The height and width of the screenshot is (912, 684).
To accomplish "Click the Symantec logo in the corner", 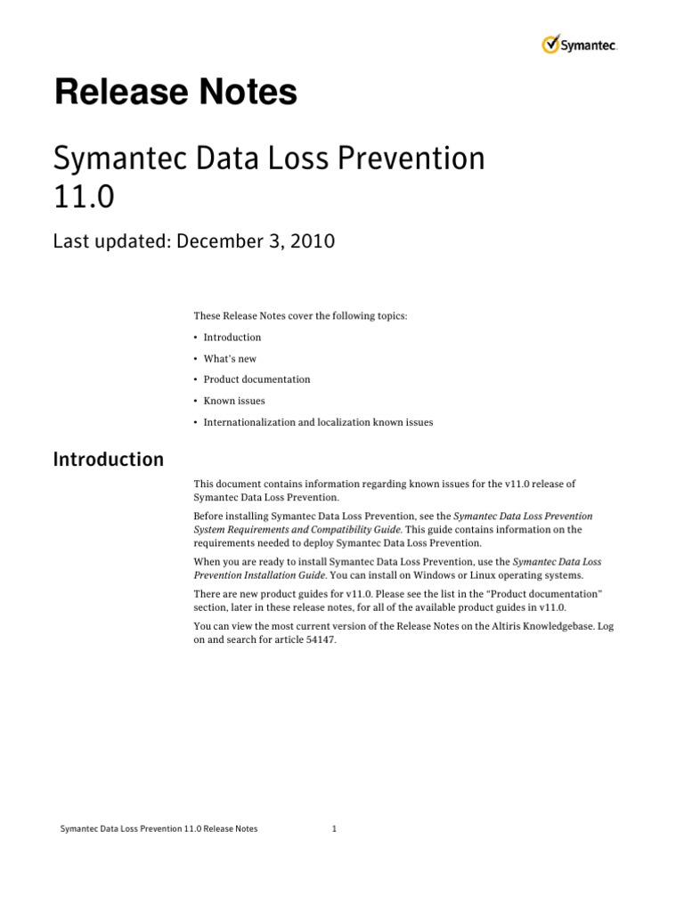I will (x=579, y=45).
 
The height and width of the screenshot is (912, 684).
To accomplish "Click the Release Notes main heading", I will (x=175, y=93).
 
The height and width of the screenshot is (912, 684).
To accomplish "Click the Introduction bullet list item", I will (x=232, y=338).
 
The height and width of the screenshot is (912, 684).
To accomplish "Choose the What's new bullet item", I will (x=229, y=359).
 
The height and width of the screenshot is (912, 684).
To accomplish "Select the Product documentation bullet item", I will (x=256, y=379).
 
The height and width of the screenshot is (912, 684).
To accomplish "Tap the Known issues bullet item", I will (x=233, y=401).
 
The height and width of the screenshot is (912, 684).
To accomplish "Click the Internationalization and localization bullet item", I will (x=318, y=422).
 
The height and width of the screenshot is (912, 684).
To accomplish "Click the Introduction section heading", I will (x=109, y=460).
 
